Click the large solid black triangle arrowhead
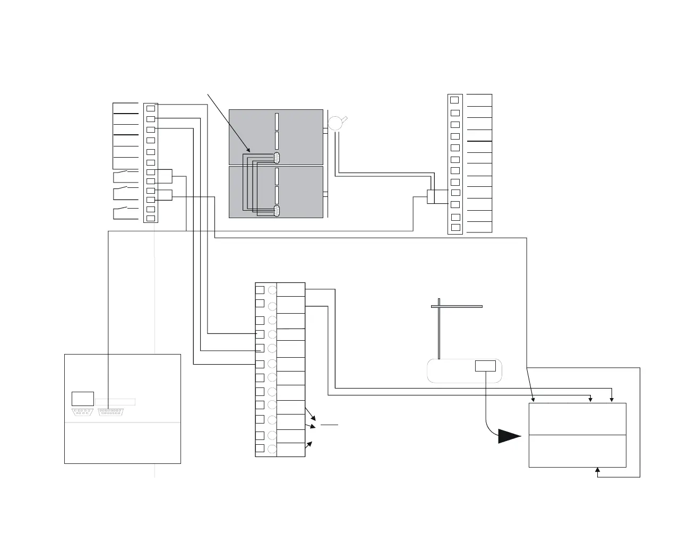509,436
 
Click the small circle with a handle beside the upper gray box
336,123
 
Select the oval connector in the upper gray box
277,157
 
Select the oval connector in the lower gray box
277,211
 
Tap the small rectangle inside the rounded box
485,366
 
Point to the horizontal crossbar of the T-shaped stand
457,306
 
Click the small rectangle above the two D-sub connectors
82,399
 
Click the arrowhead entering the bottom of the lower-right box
598,470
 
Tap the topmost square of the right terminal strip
454,100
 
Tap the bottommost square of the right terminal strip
454,228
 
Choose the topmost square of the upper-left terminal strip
151,108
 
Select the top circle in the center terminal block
272,290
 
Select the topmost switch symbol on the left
122,173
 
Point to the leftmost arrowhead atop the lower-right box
532,400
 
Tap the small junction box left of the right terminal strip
431,196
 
